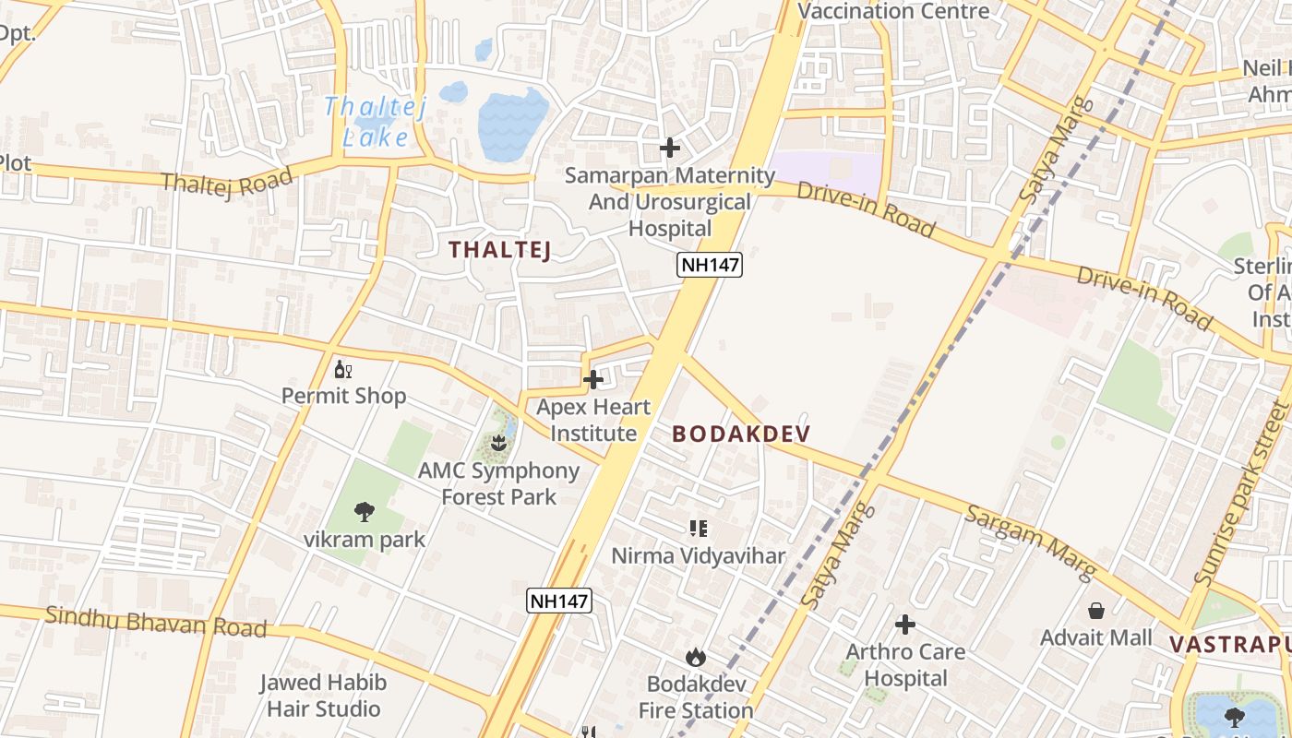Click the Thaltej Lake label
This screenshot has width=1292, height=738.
pos(377,122)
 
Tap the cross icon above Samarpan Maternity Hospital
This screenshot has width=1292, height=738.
pos(670,148)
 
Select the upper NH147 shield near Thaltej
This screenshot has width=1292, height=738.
pos(710,266)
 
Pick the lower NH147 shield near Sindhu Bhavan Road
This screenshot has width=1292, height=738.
pos(558,601)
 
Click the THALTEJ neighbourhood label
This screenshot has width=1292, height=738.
pos(499,249)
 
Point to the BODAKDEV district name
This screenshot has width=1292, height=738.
pos(741,434)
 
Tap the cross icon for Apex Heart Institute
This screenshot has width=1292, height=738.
pos(593,379)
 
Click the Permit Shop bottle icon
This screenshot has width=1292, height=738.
pos(343,370)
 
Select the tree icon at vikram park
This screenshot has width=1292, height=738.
pos(365,512)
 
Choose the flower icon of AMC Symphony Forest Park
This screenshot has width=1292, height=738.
pos(499,443)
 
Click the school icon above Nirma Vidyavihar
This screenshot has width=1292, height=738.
pos(699,529)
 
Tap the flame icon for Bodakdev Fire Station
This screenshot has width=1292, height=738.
pos(696,657)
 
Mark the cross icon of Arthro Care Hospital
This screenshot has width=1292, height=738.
pos(905,625)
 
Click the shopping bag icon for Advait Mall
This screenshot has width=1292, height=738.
pos(1096,611)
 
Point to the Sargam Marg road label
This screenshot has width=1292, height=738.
pos(1030,542)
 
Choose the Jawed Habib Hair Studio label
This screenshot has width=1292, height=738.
pos(322,696)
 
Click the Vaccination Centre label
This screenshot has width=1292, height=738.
pos(892,11)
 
